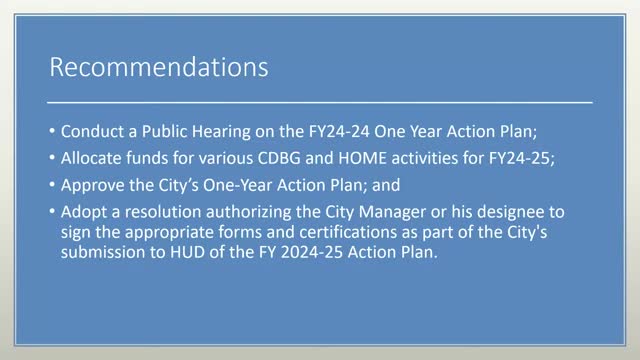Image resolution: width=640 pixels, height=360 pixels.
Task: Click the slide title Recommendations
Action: tap(159, 69)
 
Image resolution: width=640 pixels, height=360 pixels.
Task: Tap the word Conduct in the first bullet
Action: tap(92, 132)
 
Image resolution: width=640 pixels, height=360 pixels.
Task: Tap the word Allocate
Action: tap(95, 157)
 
